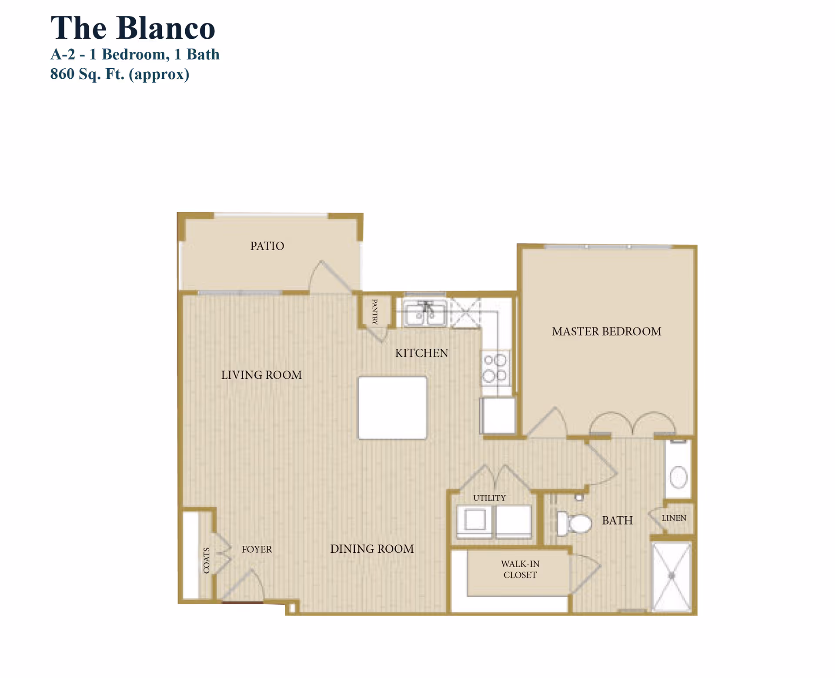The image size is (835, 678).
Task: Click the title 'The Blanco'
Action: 133,28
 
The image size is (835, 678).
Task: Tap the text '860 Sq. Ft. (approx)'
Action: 120,74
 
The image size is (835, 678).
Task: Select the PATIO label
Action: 267,246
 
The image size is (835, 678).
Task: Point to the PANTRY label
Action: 375,311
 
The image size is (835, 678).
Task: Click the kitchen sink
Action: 424,314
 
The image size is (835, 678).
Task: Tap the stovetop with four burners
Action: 495,368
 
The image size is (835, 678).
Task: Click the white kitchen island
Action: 392,408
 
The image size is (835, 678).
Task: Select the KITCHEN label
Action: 421,353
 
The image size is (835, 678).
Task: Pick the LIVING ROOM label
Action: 261,375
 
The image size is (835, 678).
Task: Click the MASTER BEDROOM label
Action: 606,331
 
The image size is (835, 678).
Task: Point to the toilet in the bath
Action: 574,523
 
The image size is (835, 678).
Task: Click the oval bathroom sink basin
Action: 678,477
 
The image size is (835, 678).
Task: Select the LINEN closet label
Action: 674,518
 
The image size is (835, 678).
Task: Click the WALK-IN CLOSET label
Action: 520,569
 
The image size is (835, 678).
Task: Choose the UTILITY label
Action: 489,498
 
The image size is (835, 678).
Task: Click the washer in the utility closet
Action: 475,520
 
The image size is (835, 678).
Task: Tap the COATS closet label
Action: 207,560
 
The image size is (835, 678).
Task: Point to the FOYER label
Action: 257,549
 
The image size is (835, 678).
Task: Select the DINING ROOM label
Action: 372,549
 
